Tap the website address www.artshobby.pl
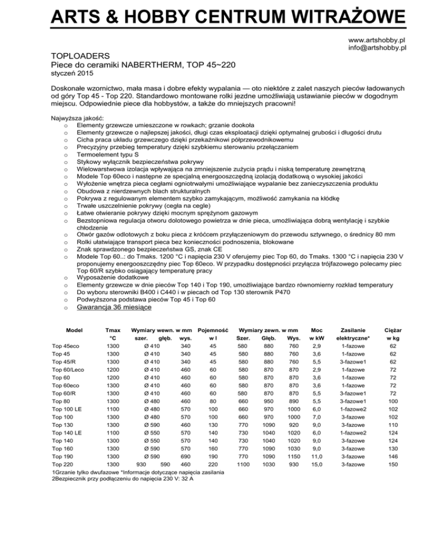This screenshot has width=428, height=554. click(x=376, y=41)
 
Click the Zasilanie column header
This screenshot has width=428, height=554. click(x=353, y=330)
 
